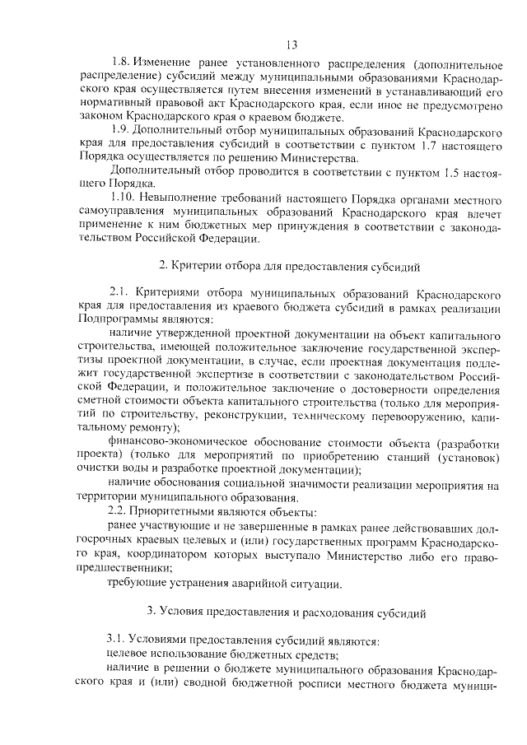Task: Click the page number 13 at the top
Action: click(291, 44)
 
